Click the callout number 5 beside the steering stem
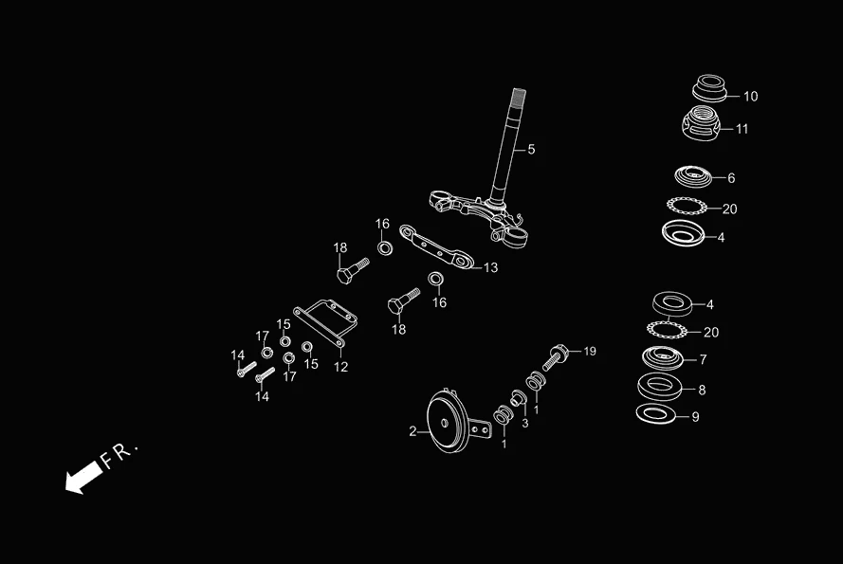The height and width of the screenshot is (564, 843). [531, 150]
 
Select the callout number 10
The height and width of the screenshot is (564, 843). [750, 97]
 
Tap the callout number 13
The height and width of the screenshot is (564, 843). [490, 268]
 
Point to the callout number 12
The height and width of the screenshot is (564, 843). [341, 367]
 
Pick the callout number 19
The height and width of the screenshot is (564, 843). [590, 352]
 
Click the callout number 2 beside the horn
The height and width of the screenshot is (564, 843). [412, 431]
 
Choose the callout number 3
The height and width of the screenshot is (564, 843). [524, 423]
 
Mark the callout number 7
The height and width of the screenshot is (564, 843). [703, 360]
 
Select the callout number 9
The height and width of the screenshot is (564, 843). [695, 417]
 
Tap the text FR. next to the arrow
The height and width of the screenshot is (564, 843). [120, 454]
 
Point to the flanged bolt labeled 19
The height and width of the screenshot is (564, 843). [556, 357]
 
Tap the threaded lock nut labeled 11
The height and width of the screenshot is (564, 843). [702, 123]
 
